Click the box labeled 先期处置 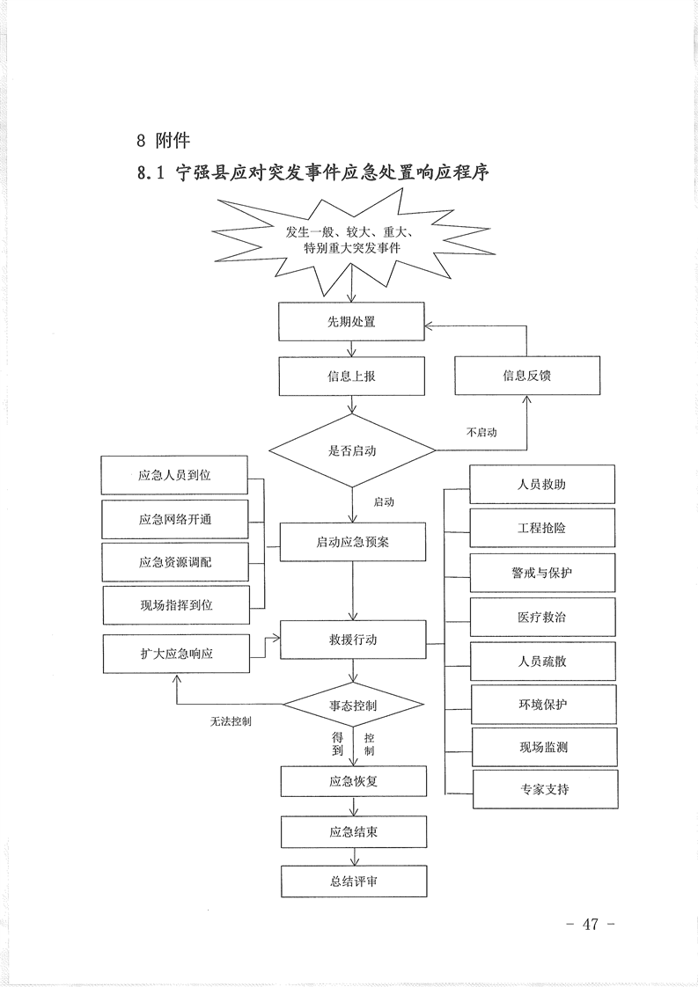[x=352, y=322]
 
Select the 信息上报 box [x=352, y=376]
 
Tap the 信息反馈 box [x=526, y=376]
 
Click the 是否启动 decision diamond [x=352, y=450]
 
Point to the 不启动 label [x=481, y=433]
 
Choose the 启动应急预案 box [x=352, y=542]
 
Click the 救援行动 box [x=352, y=640]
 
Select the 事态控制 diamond [x=353, y=706]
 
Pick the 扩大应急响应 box [x=175, y=654]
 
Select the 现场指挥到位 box [x=176, y=605]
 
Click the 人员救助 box [x=542, y=485]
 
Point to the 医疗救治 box [x=542, y=618]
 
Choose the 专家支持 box [x=545, y=789]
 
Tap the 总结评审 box [x=353, y=881]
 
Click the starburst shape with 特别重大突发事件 [x=352, y=240]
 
